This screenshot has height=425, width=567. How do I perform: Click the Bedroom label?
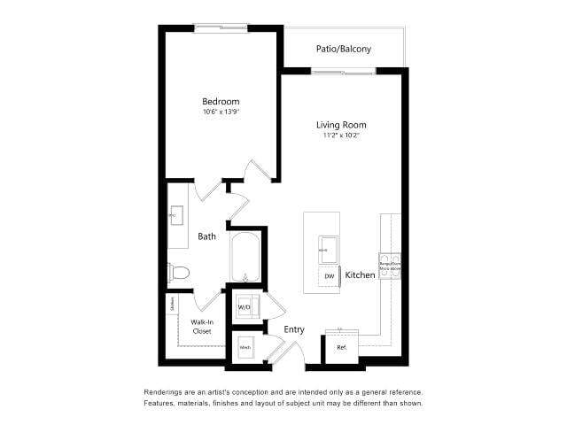point(221,102)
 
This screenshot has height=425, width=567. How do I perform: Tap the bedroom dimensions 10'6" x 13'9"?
point(221,112)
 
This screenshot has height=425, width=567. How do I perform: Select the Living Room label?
point(341,125)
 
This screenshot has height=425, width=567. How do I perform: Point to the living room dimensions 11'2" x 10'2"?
point(341,136)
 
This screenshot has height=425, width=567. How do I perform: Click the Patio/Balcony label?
point(344,49)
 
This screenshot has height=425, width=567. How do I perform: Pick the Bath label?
point(206,236)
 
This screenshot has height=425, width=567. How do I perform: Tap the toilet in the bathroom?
point(177,272)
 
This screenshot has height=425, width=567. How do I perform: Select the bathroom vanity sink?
point(175,214)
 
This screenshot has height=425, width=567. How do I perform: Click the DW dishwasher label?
point(329,276)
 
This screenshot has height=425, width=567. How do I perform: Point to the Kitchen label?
point(360,276)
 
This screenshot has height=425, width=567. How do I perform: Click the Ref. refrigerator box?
point(341,347)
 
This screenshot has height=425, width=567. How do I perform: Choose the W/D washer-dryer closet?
point(245,307)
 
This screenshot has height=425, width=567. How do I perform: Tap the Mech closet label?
point(245,347)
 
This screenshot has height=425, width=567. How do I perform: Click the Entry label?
point(294,329)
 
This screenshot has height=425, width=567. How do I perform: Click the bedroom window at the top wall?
point(221,27)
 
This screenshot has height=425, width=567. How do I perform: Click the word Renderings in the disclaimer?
point(165,391)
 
